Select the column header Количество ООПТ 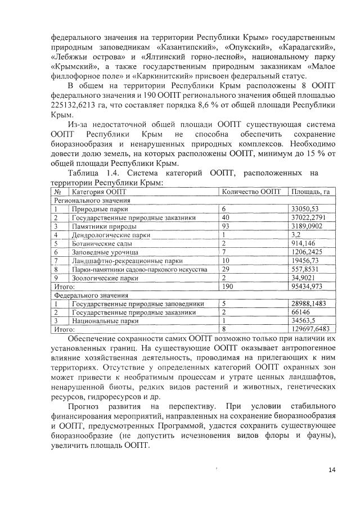[250, 192]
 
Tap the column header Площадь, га [309, 192]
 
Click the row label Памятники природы [99, 226]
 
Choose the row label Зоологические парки [105, 278]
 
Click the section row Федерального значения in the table [91, 294]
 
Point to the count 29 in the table [227, 269]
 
